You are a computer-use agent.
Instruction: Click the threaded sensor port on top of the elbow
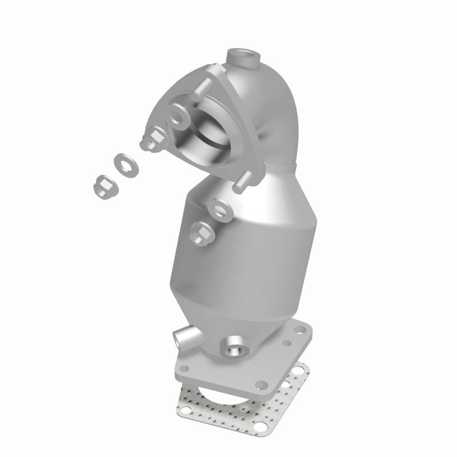[x=242, y=58]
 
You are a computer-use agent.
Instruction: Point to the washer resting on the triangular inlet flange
[x=178, y=117]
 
